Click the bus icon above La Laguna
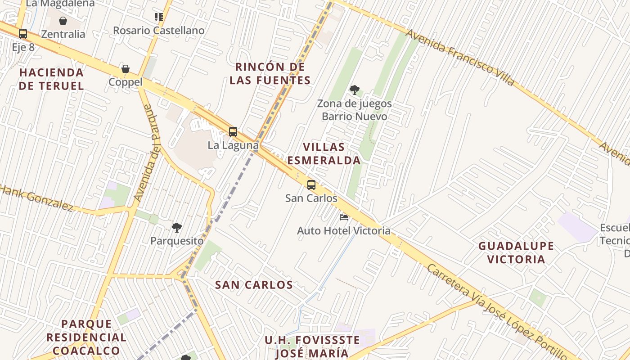[233, 132]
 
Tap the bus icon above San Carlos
[311, 184]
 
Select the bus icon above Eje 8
[23, 34]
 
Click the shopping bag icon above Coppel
[126, 69]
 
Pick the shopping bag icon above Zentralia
[63, 21]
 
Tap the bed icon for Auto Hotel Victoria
[344, 217]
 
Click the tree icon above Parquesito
[177, 228]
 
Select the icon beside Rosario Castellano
[158, 17]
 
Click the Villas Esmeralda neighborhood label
[324, 154]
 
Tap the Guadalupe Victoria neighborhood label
[516, 252]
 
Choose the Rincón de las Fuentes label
[270, 74]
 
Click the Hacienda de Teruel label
[51, 79]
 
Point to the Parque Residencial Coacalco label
[86, 337]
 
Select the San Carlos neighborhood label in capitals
[254, 285]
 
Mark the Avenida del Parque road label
[150, 153]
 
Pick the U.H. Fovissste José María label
[312, 346]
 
